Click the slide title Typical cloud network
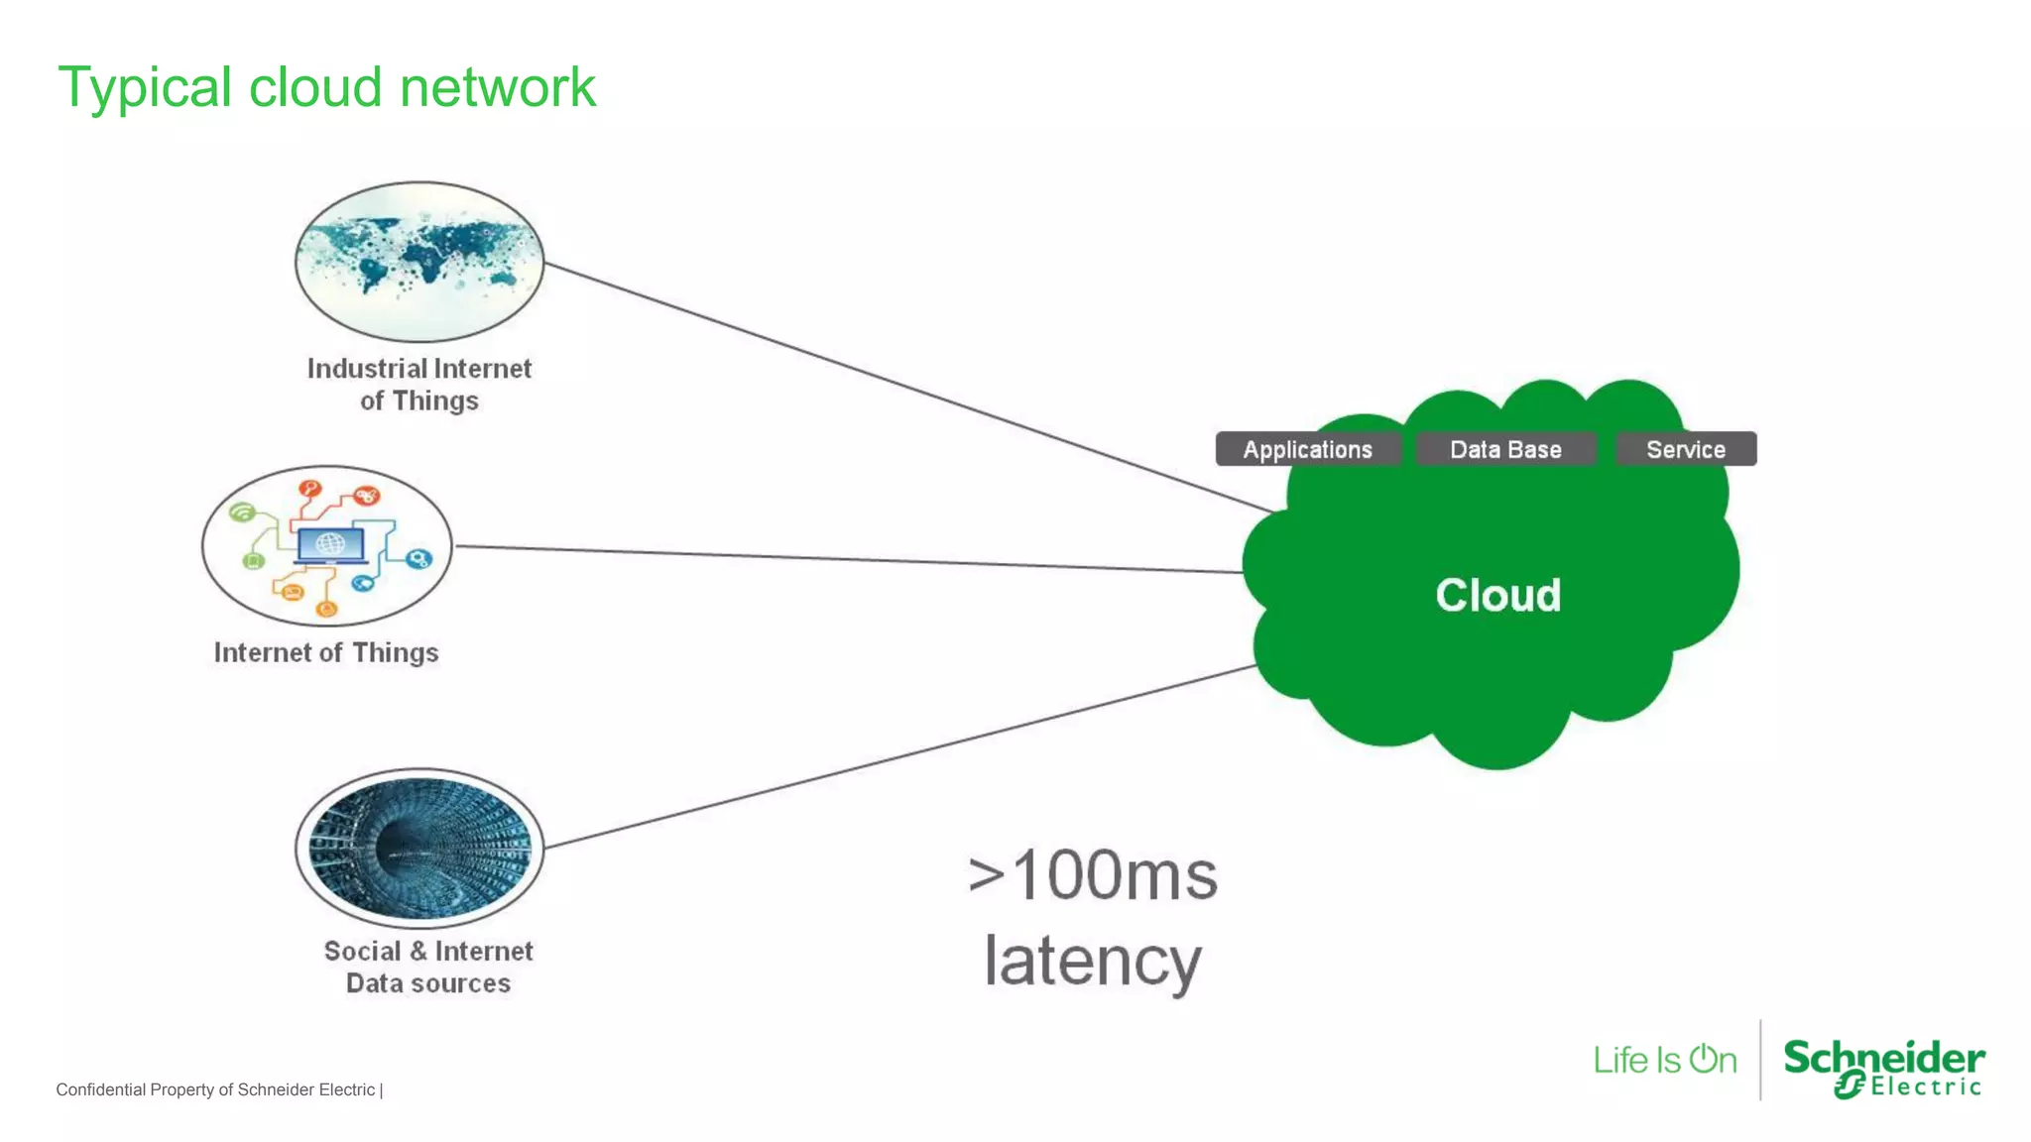coord(326,87)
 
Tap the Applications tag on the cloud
coord(1307,449)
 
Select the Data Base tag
coord(1504,449)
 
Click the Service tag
coord(1685,449)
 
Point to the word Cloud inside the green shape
coord(1497,595)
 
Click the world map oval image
coord(419,261)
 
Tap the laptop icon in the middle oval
coord(330,545)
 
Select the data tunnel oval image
coord(419,848)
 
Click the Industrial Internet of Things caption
coord(419,385)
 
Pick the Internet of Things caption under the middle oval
coord(326,652)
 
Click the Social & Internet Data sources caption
coord(428,967)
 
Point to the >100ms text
coord(1093,875)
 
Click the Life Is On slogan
coord(1665,1060)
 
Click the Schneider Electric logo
coord(1883,1068)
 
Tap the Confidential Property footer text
coord(218,1089)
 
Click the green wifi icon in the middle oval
coord(242,512)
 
